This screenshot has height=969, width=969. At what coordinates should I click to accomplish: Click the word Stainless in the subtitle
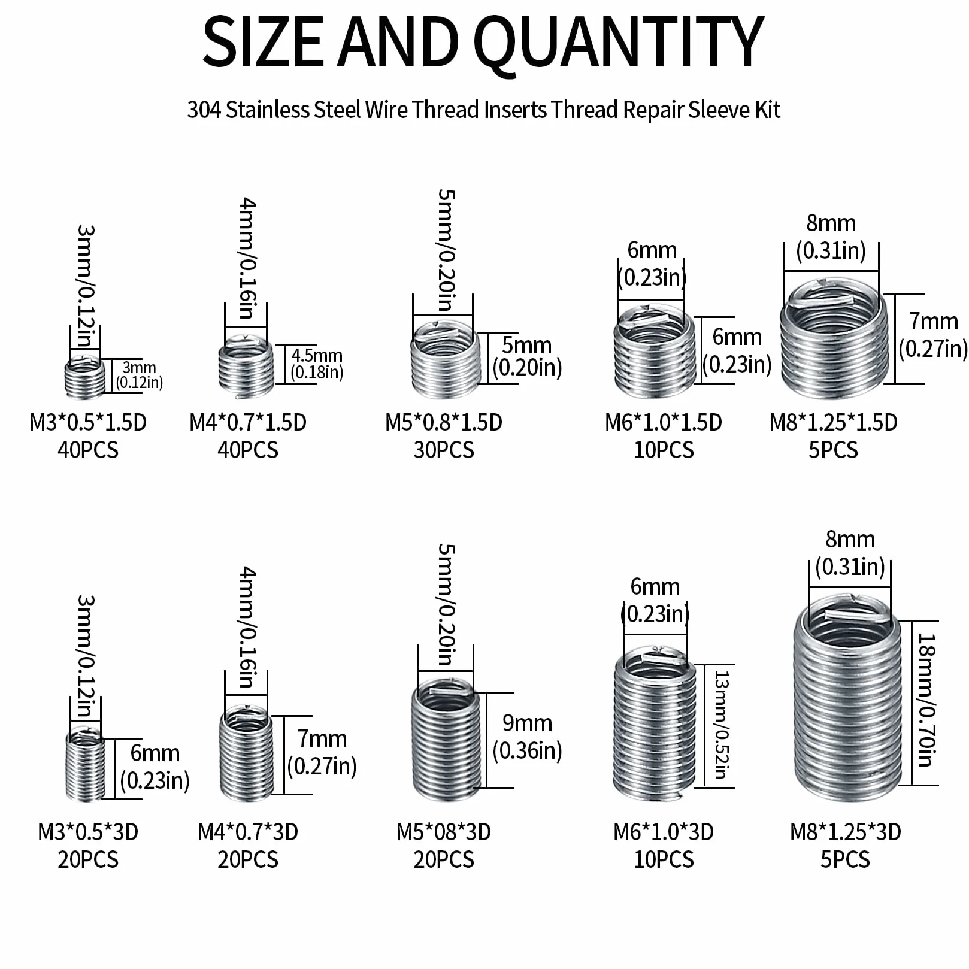[x=267, y=110]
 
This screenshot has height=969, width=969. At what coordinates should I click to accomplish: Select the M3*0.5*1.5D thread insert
[x=84, y=377]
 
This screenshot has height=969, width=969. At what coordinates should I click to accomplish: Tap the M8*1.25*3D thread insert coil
[x=847, y=698]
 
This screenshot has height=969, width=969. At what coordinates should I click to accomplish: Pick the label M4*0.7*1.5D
[x=248, y=423]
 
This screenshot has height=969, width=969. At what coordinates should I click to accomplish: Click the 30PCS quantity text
[x=444, y=450]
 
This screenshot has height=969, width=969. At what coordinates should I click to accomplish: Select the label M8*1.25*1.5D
[x=834, y=423]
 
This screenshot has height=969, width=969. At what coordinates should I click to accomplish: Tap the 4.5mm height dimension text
[x=317, y=356]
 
